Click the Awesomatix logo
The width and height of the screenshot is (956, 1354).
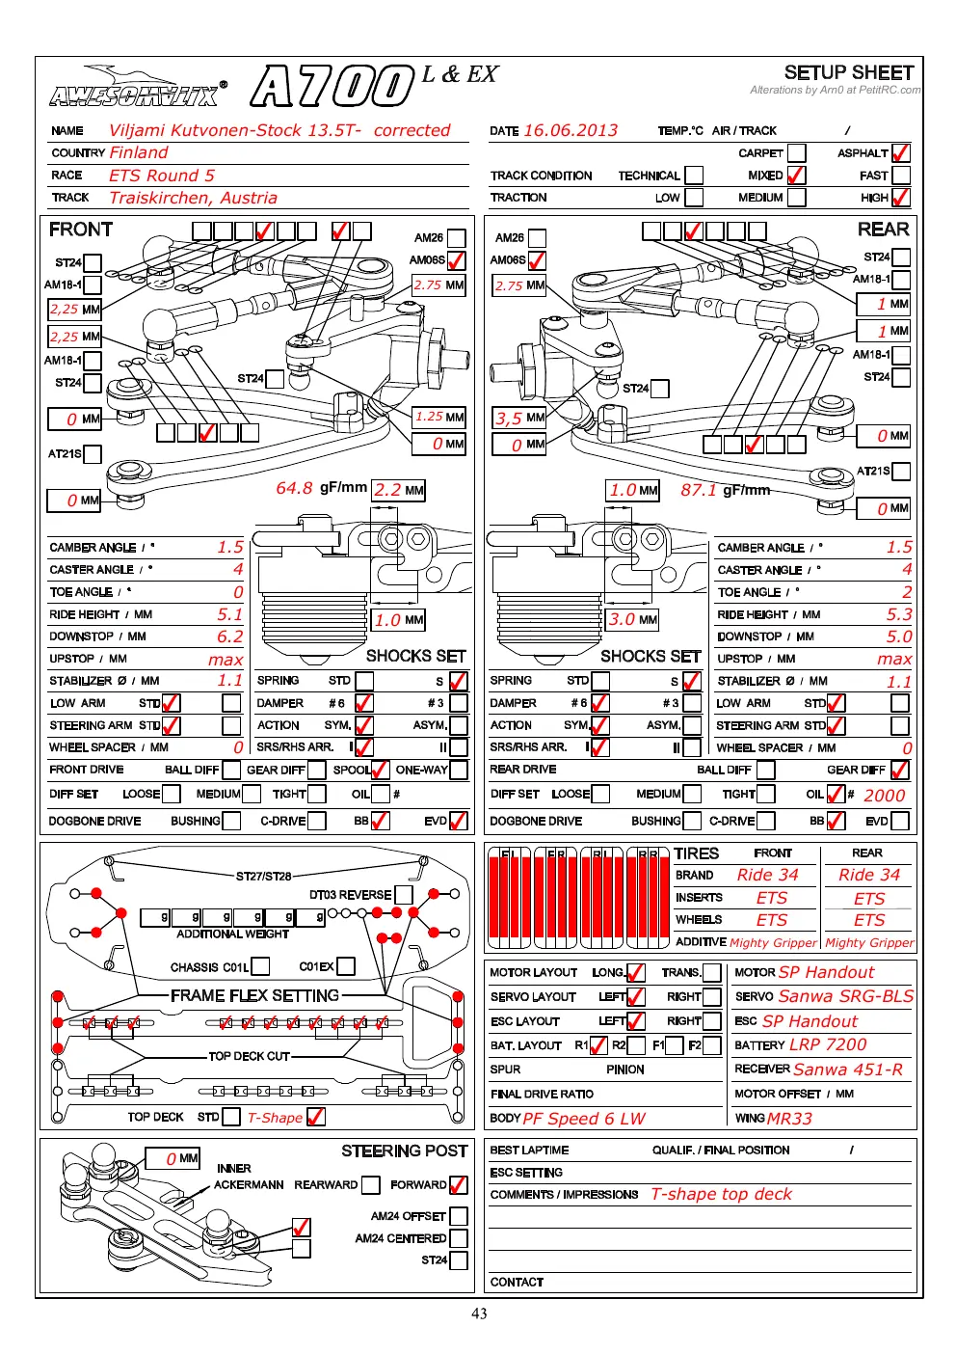click(x=139, y=89)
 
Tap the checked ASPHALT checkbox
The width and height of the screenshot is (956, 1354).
click(x=900, y=153)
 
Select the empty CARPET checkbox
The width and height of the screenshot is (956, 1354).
click(x=796, y=153)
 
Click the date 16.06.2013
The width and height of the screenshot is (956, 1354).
click(x=571, y=130)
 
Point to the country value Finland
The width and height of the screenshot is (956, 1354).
click(x=139, y=153)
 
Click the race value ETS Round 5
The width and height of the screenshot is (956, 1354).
click(x=162, y=176)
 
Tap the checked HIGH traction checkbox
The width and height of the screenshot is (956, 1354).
click(x=900, y=197)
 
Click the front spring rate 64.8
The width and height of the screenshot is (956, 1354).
click(x=294, y=488)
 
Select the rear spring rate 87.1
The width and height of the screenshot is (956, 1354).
click(x=699, y=490)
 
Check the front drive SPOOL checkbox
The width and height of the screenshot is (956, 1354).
click(x=380, y=770)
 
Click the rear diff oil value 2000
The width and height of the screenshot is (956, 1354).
click(x=884, y=796)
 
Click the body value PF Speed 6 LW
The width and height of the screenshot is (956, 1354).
click(x=584, y=1119)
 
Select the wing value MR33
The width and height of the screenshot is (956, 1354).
click(x=790, y=1119)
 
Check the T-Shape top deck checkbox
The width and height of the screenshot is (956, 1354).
click(x=316, y=1117)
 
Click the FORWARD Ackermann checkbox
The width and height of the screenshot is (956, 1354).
click(x=459, y=1184)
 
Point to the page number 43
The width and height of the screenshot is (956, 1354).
click(x=479, y=1313)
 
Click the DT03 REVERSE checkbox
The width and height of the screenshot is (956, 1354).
click(x=404, y=895)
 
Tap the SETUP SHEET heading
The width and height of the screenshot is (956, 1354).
click(x=848, y=73)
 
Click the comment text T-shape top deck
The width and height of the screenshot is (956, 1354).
click(x=721, y=1194)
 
